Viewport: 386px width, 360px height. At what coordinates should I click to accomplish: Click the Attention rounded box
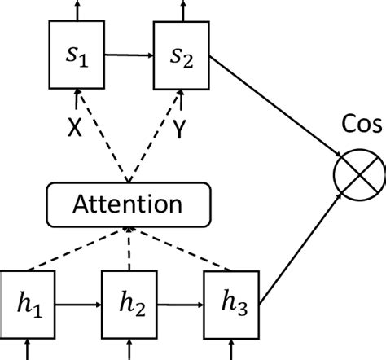click(x=128, y=202)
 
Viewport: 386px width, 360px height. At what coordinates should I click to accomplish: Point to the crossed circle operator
click(x=359, y=174)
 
